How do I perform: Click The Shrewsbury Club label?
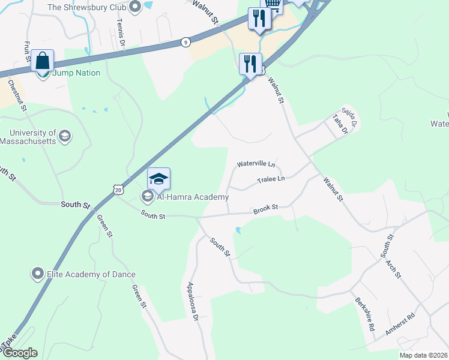coord(86,7)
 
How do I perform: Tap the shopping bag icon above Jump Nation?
coord(43,61)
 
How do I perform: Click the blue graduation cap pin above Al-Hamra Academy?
coord(158,179)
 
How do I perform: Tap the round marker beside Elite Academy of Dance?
coord(38,274)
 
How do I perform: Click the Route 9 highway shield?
coord(186,42)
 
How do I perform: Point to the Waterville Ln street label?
coord(256,163)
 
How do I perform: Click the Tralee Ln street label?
coord(271,179)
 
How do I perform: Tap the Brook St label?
coord(265,209)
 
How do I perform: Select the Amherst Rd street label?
coord(400,327)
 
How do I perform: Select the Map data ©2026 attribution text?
coord(423,355)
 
